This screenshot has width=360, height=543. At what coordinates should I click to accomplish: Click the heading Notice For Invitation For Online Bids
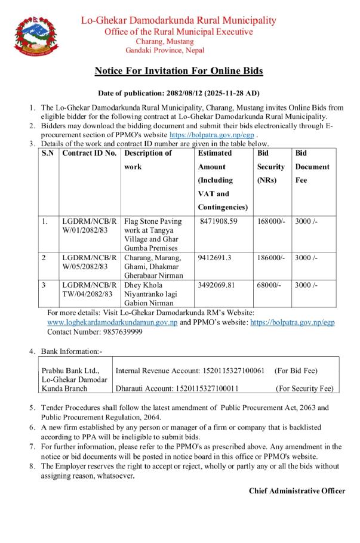tap(179, 71)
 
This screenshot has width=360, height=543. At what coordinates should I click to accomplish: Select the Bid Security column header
tap(270, 166)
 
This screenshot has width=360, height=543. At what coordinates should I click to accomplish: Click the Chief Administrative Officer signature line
tap(297, 490)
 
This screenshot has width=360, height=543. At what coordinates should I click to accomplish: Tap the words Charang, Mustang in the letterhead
tap(165, 41)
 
